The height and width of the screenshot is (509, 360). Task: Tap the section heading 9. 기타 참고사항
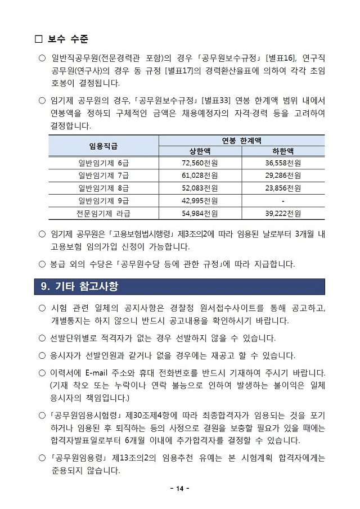point(80,286)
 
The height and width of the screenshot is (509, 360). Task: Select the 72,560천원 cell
point(200,163)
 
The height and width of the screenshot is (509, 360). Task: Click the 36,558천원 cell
point(283,163)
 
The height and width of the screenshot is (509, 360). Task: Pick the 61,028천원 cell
point(200,175)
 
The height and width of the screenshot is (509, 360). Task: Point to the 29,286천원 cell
point(283,175)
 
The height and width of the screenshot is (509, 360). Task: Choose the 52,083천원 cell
point(200,188)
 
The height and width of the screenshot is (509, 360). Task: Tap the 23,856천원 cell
point(283,188)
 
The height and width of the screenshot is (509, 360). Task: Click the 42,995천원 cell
point(200,201)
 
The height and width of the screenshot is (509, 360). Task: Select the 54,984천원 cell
point(200,213)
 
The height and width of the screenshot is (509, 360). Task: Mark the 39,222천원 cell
point(283,213)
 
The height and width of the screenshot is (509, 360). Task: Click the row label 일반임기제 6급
point(103,163)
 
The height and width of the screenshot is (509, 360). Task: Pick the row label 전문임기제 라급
point(103,213)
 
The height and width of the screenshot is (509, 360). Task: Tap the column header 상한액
point(200,151)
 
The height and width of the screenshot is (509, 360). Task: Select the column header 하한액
point(283,151)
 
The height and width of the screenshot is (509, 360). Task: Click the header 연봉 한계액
point(242,140)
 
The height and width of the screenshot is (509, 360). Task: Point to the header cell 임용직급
point(103,146)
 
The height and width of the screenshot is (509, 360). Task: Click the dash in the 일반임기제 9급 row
point(283,201)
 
